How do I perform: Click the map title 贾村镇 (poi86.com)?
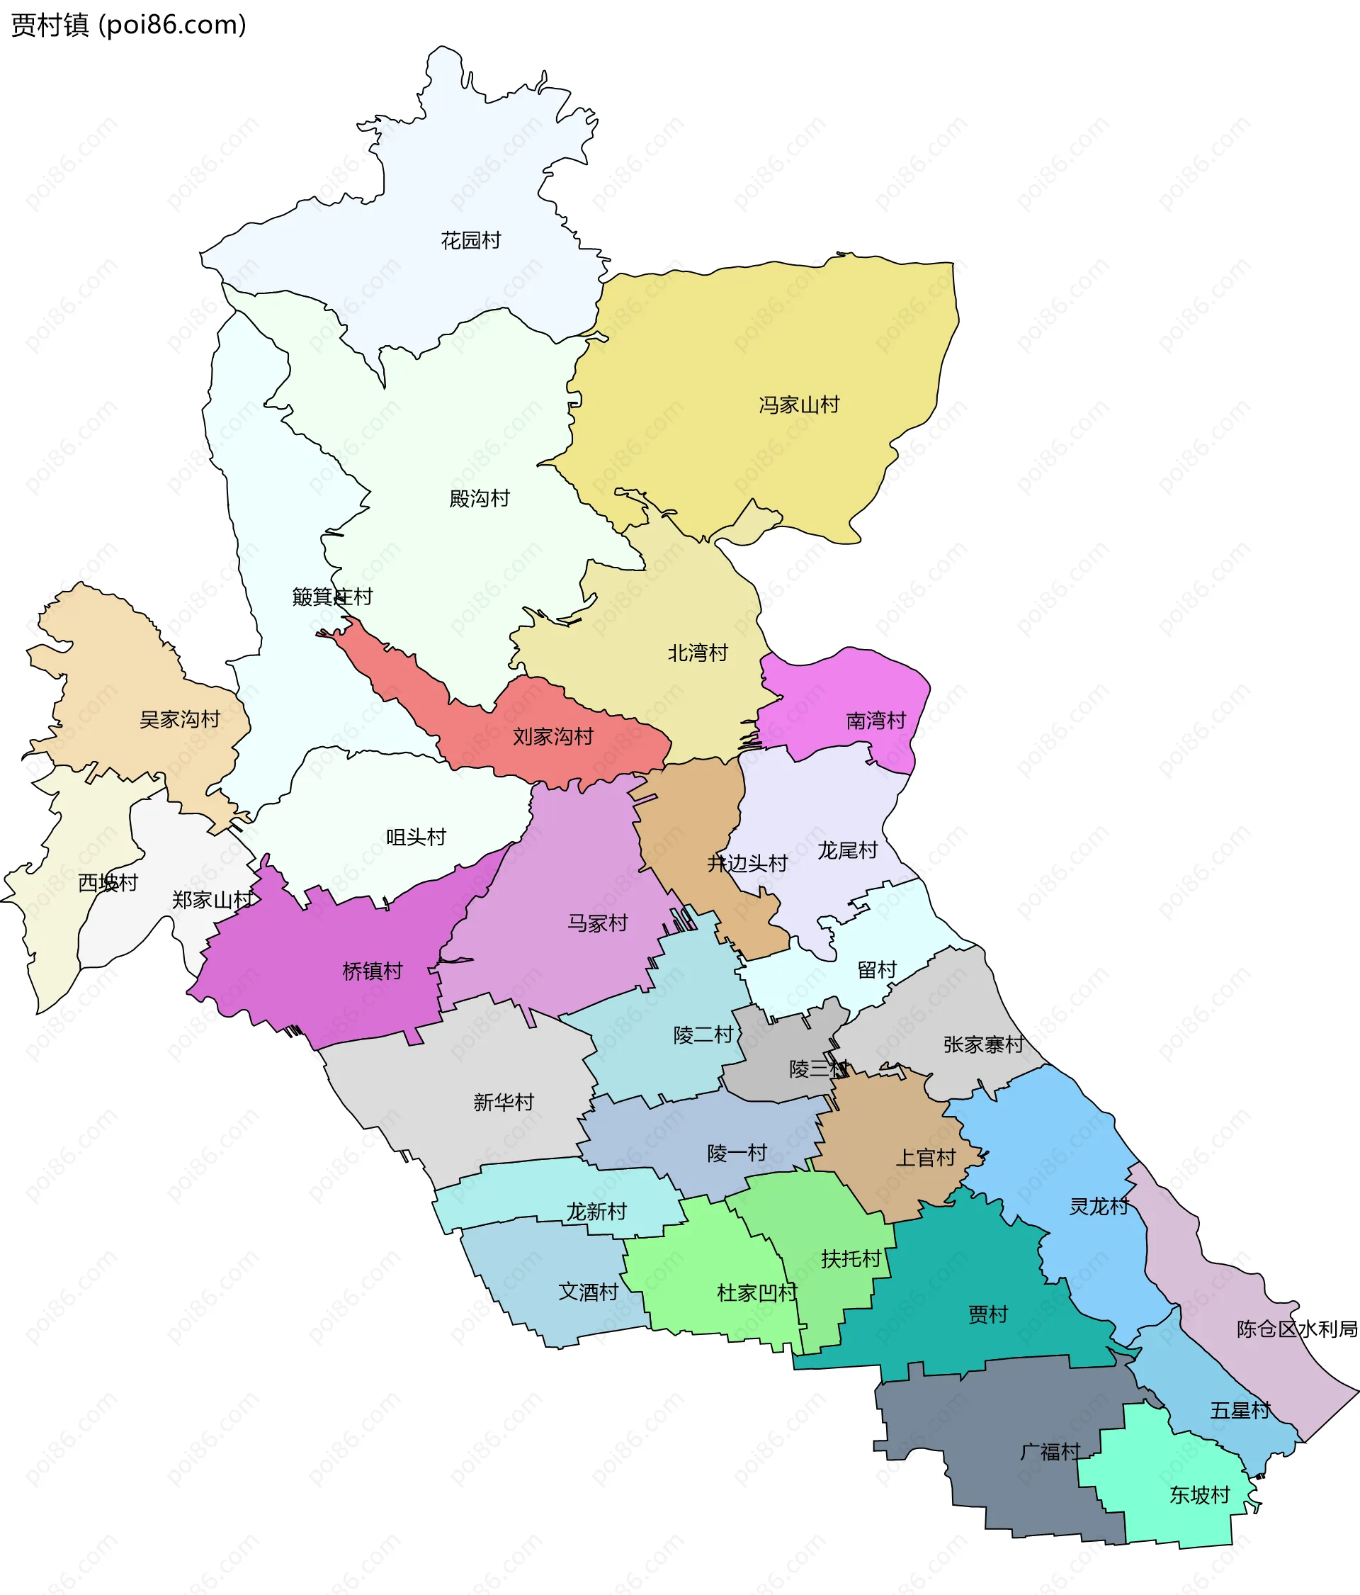(128, 26)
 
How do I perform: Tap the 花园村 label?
(470, 241)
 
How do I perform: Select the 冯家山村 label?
(799, 405)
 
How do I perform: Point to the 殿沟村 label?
(480, 499)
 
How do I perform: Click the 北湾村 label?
(697, 653)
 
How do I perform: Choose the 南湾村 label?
(876, 721)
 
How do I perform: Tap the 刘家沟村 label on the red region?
(552, 737)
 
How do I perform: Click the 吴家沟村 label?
(179, 720)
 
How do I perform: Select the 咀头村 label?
(416, 837)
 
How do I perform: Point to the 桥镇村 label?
(373, 971)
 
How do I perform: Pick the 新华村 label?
(504, 1103)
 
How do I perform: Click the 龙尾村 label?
(847, 850)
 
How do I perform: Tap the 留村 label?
(877, 970)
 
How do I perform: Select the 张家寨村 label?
(984, 1044)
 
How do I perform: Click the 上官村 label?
(925, 1158)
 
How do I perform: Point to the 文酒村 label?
(588, 1292)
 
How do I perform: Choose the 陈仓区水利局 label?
(1297, 1329)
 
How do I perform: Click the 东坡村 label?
(1200, 1495)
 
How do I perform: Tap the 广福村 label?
(1050, 1453)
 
